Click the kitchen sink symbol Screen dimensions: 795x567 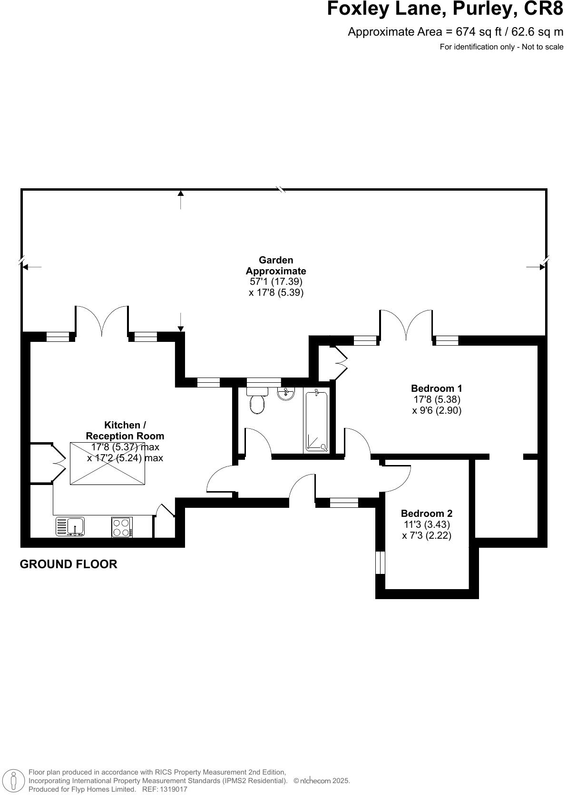coord(70,526)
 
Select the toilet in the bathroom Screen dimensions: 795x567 coord(257,402)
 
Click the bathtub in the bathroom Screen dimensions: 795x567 coord(316,421)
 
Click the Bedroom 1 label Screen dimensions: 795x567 coord(436,388)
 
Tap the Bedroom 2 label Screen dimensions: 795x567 coord(426,514)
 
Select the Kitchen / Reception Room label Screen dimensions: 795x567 coord(125,430)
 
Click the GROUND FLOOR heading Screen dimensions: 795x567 coord(68,564)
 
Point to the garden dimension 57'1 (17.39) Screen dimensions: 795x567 coord(276,281)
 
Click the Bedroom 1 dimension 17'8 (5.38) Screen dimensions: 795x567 coord(437,399)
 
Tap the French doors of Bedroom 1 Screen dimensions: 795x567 coord(406,326)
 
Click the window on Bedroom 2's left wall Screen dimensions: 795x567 coord(380,562)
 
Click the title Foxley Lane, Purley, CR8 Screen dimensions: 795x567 coord(445,10)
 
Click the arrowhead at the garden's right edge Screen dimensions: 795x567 coord(542,267)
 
